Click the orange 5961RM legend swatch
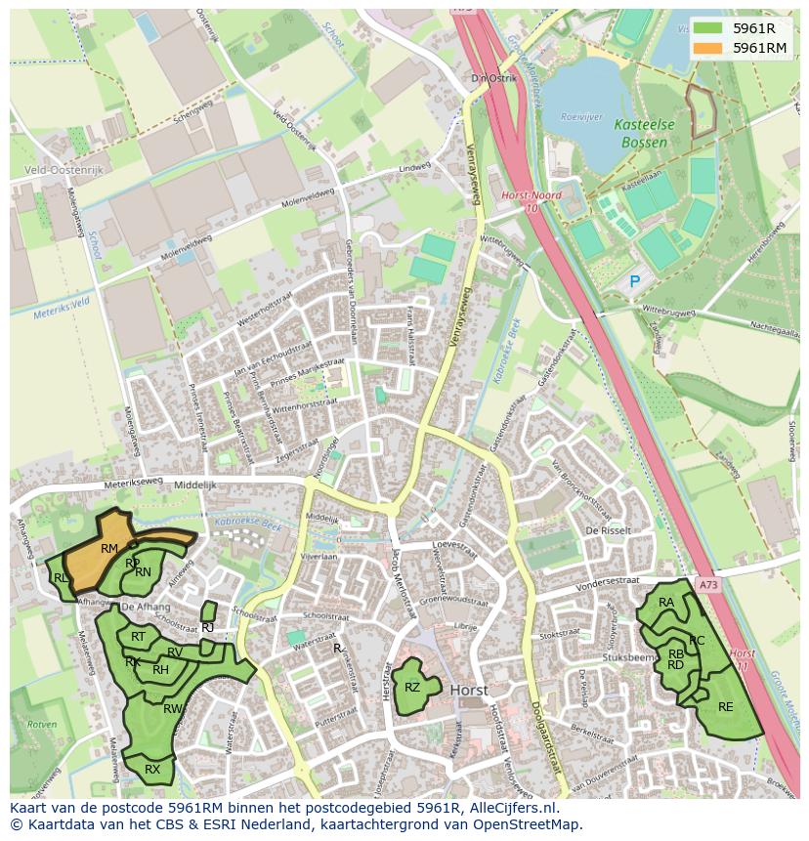(708, 48)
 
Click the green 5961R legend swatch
(708, 27)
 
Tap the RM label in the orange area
(108, 549)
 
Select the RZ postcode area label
(412, 688)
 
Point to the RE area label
(725, 706)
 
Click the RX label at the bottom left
(152, 770)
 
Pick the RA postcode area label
(666, 603)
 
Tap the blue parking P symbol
(634, 281)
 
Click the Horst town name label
(469, 690)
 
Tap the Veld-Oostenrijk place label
(64, 169)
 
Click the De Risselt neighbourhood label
(604, 529)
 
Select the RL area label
(61, 578)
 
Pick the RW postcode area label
(173, 709)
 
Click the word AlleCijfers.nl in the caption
(509, 809)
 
